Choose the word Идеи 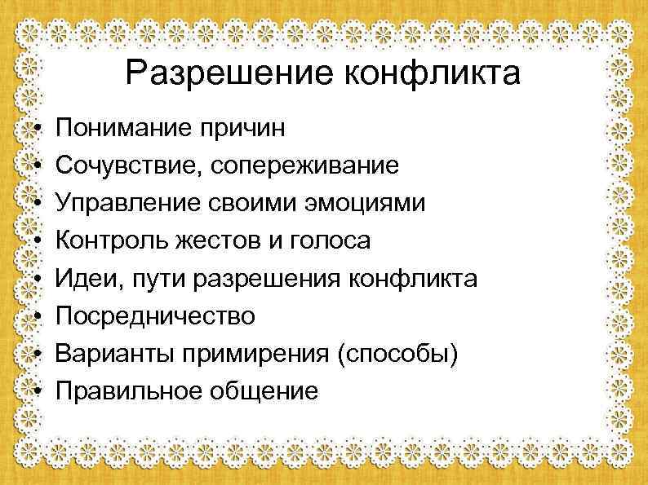pos(81,279)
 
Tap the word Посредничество pos(153,316)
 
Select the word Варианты pos(101,354)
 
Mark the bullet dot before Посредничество pos(38,317)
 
